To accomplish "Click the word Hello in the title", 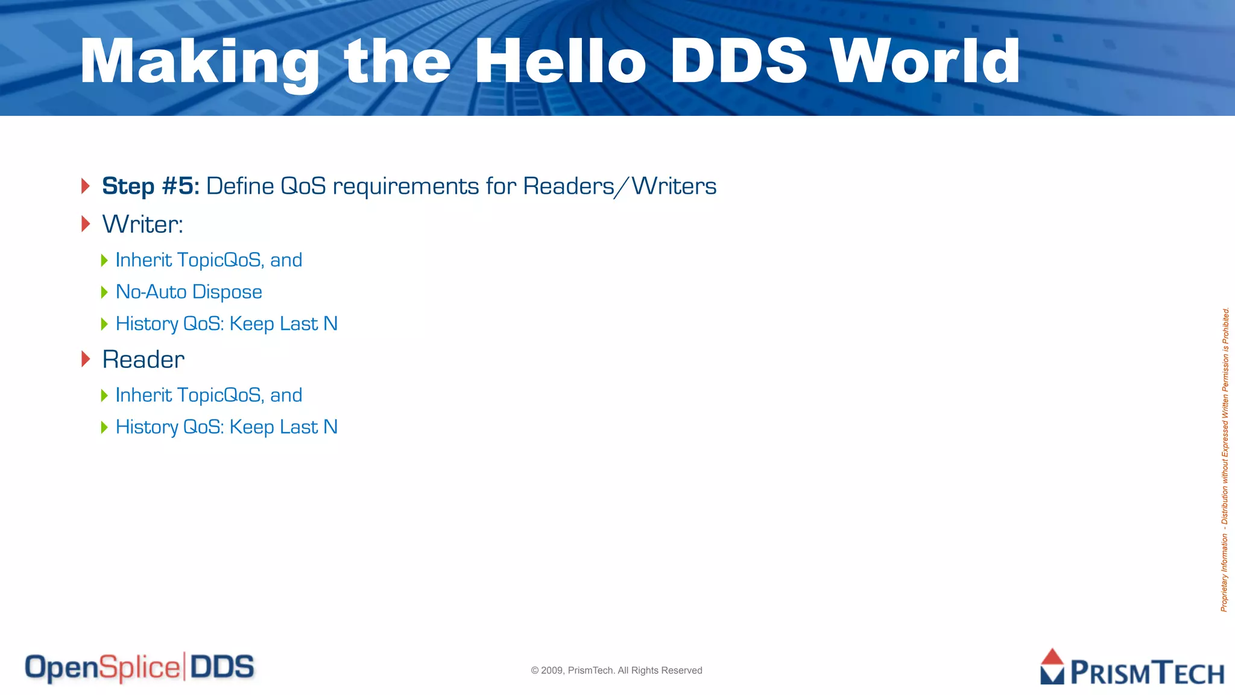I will (x=560, y=62).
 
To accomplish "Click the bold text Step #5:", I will (x=150, y=186).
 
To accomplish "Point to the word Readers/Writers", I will (x=619, y=186).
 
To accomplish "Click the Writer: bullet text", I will (x=142, y=224).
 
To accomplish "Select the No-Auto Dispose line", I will (x=189, y=292).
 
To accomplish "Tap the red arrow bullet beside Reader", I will (x=86, y=359).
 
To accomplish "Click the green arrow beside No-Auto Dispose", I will (x=104, y=293).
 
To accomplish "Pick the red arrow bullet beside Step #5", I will (x=86, y=186).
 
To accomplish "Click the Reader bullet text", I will (x=143, y=360).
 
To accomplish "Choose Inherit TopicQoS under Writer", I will (x=209, y=260).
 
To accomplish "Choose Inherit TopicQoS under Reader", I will (x=209, y=395).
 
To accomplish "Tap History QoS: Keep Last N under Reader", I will (x=226, y=427).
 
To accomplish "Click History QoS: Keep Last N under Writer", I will (x=226, y=324).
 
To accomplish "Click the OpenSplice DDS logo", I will (x=139, y=668).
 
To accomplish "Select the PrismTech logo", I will (x=1132, y=668).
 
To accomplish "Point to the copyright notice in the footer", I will (x=616, y=670).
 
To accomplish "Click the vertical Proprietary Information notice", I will (x=1225, y=460).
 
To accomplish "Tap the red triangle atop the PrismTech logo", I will (x=1052, y=656).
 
